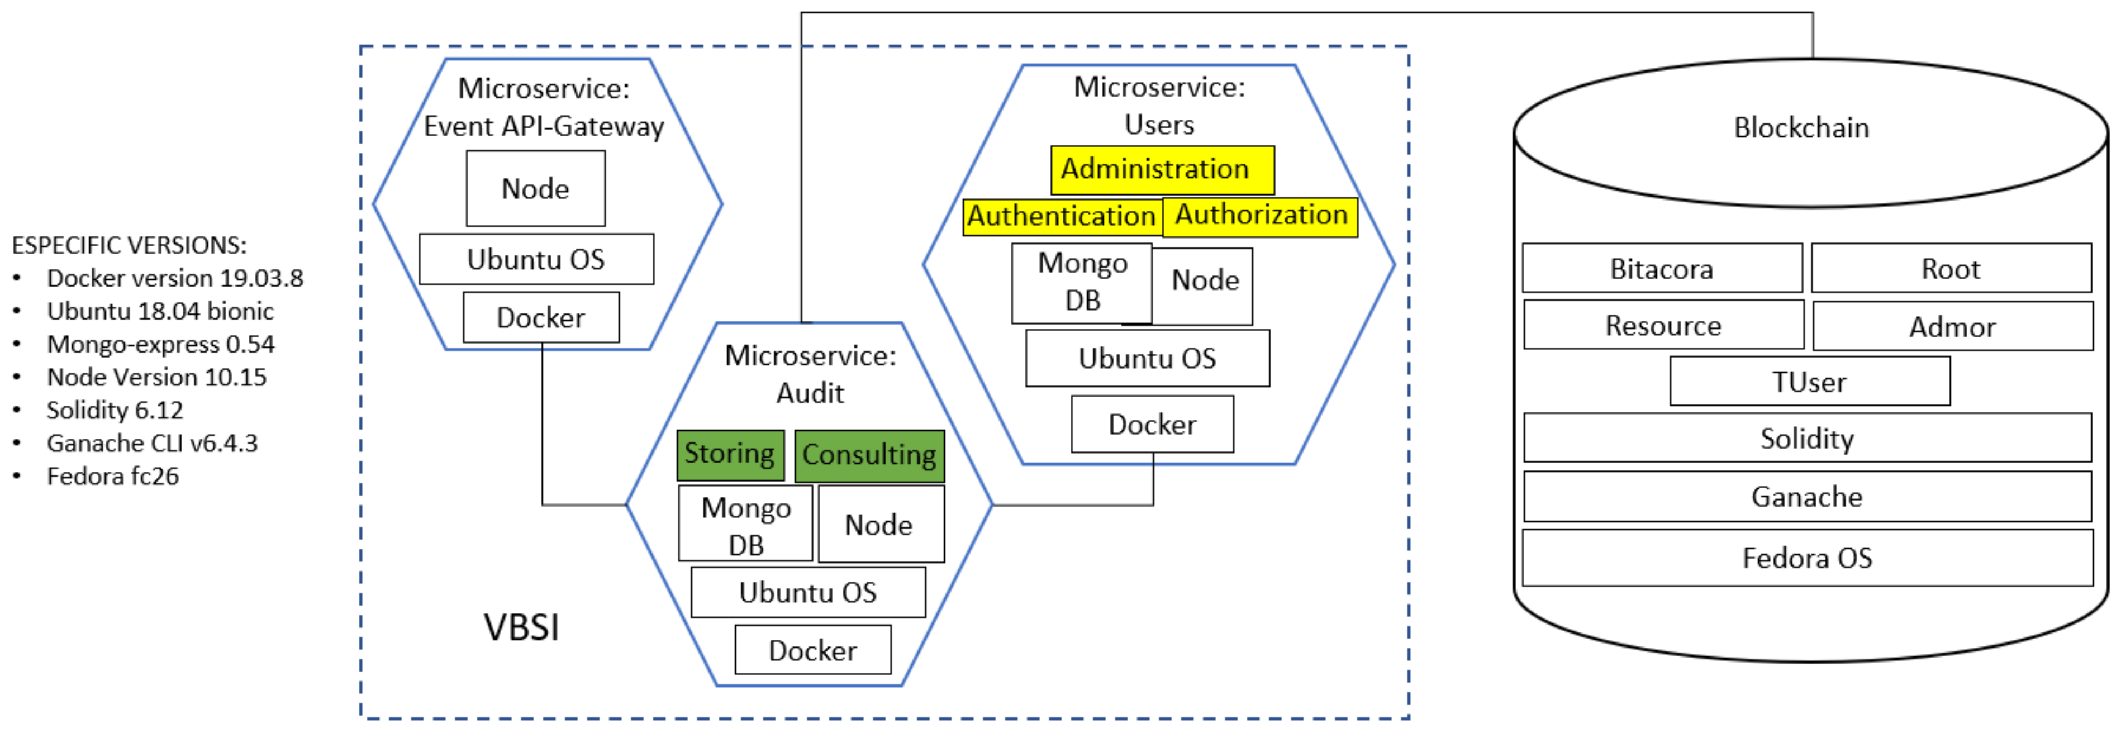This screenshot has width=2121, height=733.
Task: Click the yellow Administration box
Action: coord(1162,170)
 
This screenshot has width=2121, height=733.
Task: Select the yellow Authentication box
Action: coord(1061,217)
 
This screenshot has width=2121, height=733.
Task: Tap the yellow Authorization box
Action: coord(1260,216)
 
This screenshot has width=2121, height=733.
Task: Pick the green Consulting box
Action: coord(869,455)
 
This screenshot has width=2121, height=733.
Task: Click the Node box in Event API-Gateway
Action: coord(535,189)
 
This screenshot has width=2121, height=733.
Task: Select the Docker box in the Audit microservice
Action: coord(812,651)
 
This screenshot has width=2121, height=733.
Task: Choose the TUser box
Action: coord(1809,382)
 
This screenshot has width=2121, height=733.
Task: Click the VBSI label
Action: coord(521,627)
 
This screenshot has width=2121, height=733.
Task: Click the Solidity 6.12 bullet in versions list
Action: coord(115,410)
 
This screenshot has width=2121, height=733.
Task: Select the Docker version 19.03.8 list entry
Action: coord(174,278)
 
